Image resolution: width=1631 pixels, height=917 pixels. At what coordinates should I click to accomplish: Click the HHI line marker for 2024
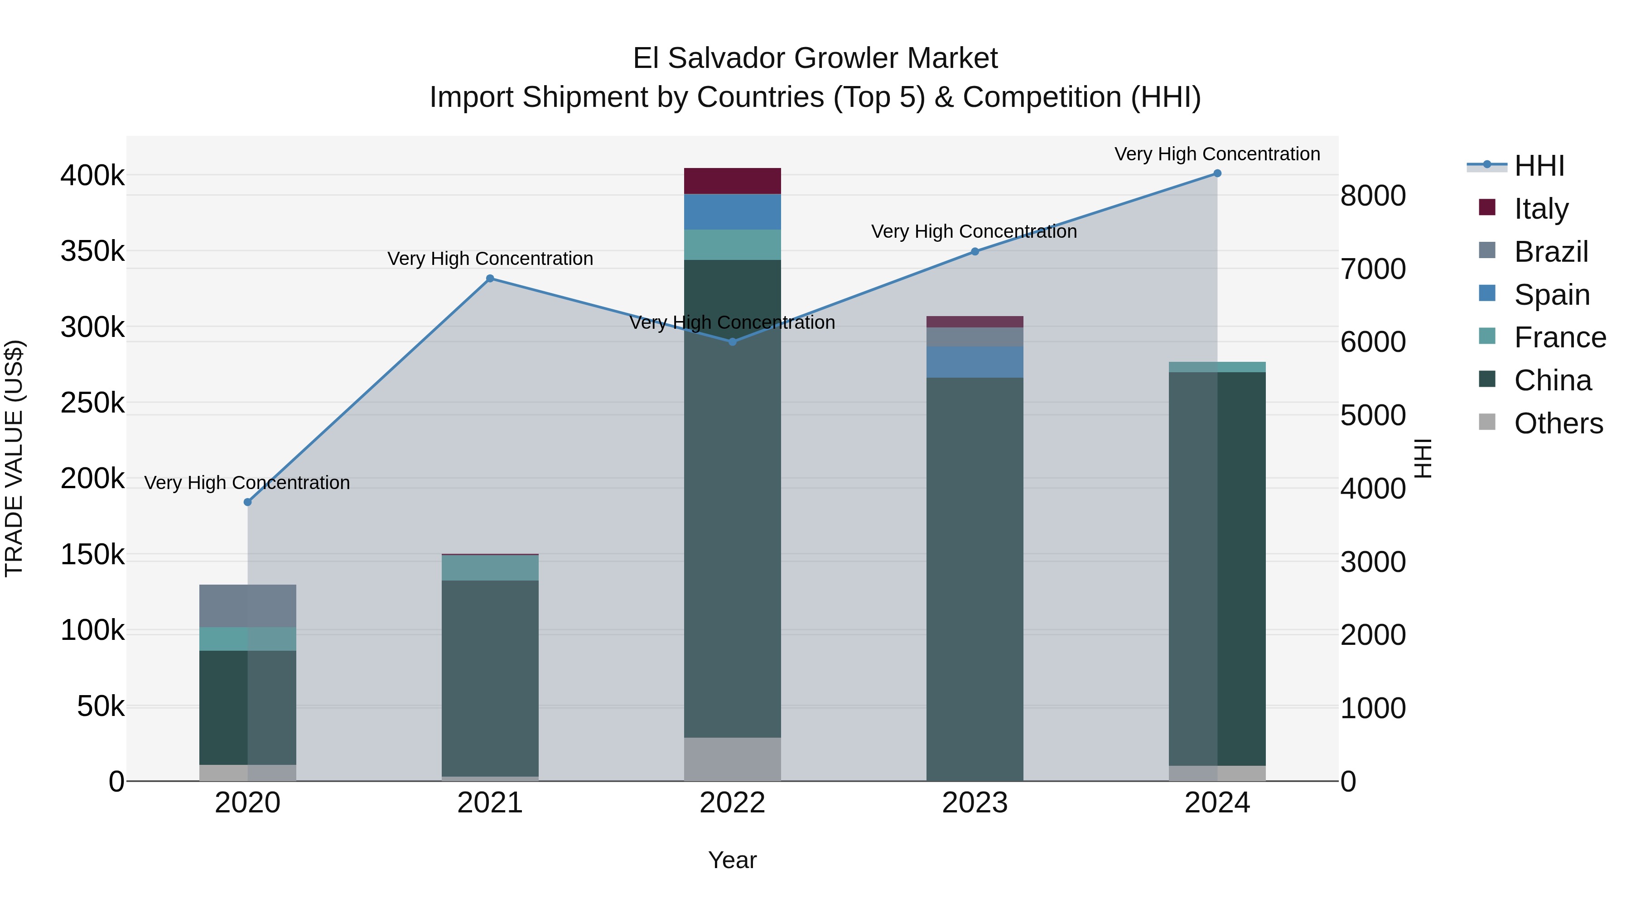tap(1217, 173)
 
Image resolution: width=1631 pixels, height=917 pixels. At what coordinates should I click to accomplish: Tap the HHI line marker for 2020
tap(247, 502)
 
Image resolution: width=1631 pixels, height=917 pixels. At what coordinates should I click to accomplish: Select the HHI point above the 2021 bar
tap(490, 278)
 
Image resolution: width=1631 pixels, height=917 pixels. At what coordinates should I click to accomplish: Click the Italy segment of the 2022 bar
tap(733, 181)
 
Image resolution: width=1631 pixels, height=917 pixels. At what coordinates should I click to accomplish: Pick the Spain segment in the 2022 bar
tap(733, 212)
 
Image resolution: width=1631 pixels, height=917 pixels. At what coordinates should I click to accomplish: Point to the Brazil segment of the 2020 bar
tap(247, 605)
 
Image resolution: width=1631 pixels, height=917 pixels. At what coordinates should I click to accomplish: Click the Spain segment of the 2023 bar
tap(975, 362)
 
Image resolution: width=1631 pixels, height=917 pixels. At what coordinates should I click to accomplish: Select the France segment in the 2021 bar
tap(490, 568)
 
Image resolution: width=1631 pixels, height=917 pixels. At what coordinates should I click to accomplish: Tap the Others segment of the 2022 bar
tap(733, 759)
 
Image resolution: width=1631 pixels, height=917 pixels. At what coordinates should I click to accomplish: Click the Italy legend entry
tap(1541, 209)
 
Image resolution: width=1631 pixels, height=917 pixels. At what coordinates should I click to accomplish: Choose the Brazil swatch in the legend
tap(1487, 250)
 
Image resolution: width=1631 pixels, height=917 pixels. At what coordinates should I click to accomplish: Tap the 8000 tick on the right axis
tap(1373, 196)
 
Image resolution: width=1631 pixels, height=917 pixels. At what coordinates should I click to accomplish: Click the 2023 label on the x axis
tap(975, 803)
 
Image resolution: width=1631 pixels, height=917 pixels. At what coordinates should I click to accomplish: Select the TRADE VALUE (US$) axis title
tap(14, 458)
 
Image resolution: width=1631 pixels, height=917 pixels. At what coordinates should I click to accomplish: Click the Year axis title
tap(733, 860)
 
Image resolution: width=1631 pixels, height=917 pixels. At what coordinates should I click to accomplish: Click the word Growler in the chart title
tap(847, 58)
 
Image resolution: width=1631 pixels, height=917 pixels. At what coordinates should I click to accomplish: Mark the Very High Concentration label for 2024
tap(1217, 154)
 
